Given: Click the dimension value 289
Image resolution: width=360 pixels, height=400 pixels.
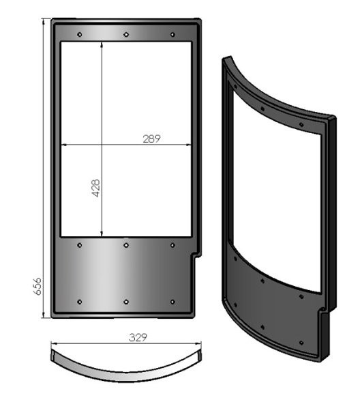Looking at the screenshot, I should (151, 139).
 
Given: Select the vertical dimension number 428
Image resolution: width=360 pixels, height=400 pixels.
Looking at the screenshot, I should (95, 188).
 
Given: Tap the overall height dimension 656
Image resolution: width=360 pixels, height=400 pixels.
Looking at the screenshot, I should (38, 286).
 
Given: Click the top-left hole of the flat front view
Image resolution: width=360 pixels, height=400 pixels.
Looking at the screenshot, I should (80, 34).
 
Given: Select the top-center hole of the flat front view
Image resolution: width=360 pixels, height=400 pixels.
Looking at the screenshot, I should (126, 34).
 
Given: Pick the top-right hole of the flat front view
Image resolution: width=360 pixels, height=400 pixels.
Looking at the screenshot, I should (172, 34).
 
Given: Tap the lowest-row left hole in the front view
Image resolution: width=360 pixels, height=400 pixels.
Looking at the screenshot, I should (80, 302).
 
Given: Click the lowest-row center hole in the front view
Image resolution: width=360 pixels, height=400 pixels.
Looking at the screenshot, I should (126, 302).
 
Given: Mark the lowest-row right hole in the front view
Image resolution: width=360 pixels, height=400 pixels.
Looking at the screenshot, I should (172, 302).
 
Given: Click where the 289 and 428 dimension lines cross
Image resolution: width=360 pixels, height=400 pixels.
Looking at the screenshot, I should (102, 145).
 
